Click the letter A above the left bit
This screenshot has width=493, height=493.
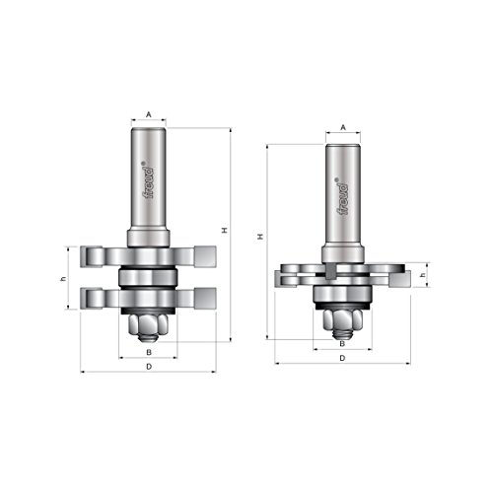(x=148, y=114)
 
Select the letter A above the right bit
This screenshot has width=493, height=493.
(x=342, y=128)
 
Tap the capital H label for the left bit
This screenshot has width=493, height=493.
(x=225, y=231)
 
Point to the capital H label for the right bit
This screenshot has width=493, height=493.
(x=259, y=237)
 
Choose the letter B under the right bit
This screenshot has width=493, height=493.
(x=342, y=344)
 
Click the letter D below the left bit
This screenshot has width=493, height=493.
(x=148, y=367)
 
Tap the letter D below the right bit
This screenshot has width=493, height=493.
(x=342, y=359)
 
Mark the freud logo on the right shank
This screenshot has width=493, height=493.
(x=342, y=194)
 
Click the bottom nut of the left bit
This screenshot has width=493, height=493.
(x=148, y=321)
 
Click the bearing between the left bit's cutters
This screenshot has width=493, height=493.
(x=148, y=277)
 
